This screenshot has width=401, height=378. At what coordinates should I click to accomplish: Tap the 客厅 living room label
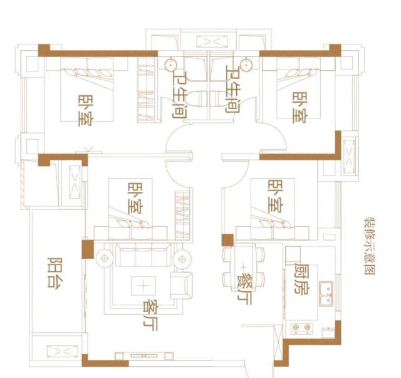point(150,315)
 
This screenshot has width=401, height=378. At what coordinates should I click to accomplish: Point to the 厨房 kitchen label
point(302,278)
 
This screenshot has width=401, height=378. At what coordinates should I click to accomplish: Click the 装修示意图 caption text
point(370,246)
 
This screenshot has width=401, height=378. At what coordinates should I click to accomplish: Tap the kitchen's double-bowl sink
point(326,293)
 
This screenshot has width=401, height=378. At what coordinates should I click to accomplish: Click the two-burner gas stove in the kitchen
point(302,328)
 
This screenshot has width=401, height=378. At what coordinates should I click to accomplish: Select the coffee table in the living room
point(143,286)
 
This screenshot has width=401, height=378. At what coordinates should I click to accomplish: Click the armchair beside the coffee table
point(181,285)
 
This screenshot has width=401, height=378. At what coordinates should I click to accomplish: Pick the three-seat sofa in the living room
point(143,255)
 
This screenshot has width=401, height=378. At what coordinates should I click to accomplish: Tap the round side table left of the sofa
point(105,258)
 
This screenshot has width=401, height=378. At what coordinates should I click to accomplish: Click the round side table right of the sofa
point(182,260)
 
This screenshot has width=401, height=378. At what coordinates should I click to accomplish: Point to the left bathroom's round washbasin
point(170,65)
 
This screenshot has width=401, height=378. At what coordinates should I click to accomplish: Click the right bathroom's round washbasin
point(246,65)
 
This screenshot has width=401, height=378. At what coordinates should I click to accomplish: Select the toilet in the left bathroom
point(196,98)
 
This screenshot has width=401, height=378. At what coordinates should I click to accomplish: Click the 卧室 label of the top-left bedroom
point(86,110)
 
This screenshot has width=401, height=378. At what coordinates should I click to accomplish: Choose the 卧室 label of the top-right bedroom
point(300,108)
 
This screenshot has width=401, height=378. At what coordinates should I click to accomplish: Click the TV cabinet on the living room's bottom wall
point(143,356)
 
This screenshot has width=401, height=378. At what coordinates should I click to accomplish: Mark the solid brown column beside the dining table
point(227,240)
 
